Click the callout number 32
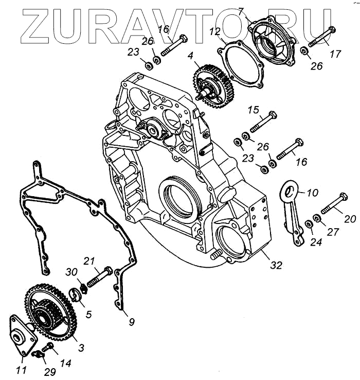pos(277,266)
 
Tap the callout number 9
pos(132,322)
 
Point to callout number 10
pos(313,194)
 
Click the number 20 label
pos(350,219)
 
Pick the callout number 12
pos(214,32)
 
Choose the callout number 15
pos(254,110)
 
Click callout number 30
pos(71,271)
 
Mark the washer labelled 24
pos(308,223)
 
